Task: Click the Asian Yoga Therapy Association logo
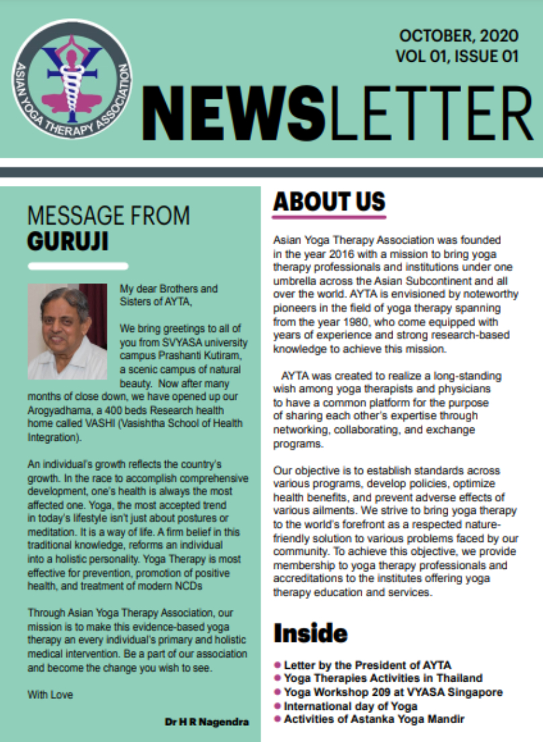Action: [72, 79]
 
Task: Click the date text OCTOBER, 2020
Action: [459, 36]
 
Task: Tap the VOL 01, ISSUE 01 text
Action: [457, 56]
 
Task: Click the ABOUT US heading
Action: [329, 201]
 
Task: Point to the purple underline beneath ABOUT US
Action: [329, 217]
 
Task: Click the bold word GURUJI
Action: [68, 242]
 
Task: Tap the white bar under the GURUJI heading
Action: [78, 266]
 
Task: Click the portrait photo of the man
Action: [67, 331]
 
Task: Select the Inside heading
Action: [310, 633]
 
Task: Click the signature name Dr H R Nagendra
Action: [207, 723]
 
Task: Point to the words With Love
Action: [50, 694]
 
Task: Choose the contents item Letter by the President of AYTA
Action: [367, 665]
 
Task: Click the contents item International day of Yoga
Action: [350, 706]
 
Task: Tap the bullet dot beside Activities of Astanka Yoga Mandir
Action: [277, 719]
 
